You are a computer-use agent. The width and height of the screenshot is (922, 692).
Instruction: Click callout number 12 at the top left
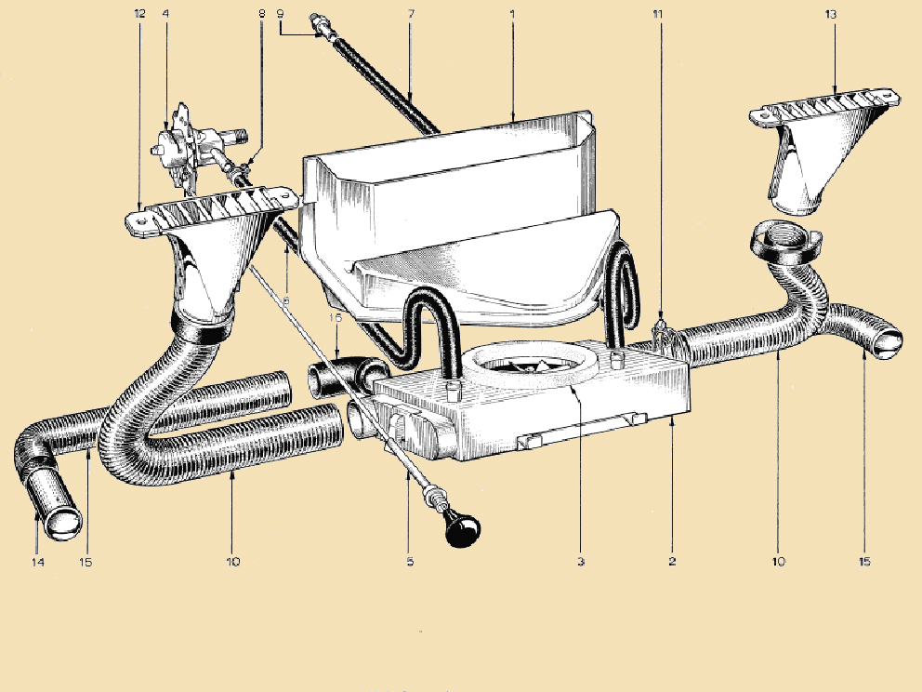140,14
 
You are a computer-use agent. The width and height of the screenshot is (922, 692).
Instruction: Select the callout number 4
165,14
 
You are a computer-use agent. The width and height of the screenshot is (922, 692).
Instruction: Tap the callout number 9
280,14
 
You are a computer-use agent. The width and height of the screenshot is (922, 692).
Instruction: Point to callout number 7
410,14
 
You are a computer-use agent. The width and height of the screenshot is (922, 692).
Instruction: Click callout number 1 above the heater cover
512,14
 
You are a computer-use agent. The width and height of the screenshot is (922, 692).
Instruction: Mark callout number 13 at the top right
830,14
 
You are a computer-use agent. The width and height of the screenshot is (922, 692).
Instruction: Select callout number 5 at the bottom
410,562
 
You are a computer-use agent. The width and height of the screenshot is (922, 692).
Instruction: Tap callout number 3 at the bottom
581,562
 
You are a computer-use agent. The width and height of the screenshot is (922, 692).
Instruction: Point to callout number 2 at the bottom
671,562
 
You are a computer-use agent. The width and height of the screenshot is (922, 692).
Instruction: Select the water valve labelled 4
181,147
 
